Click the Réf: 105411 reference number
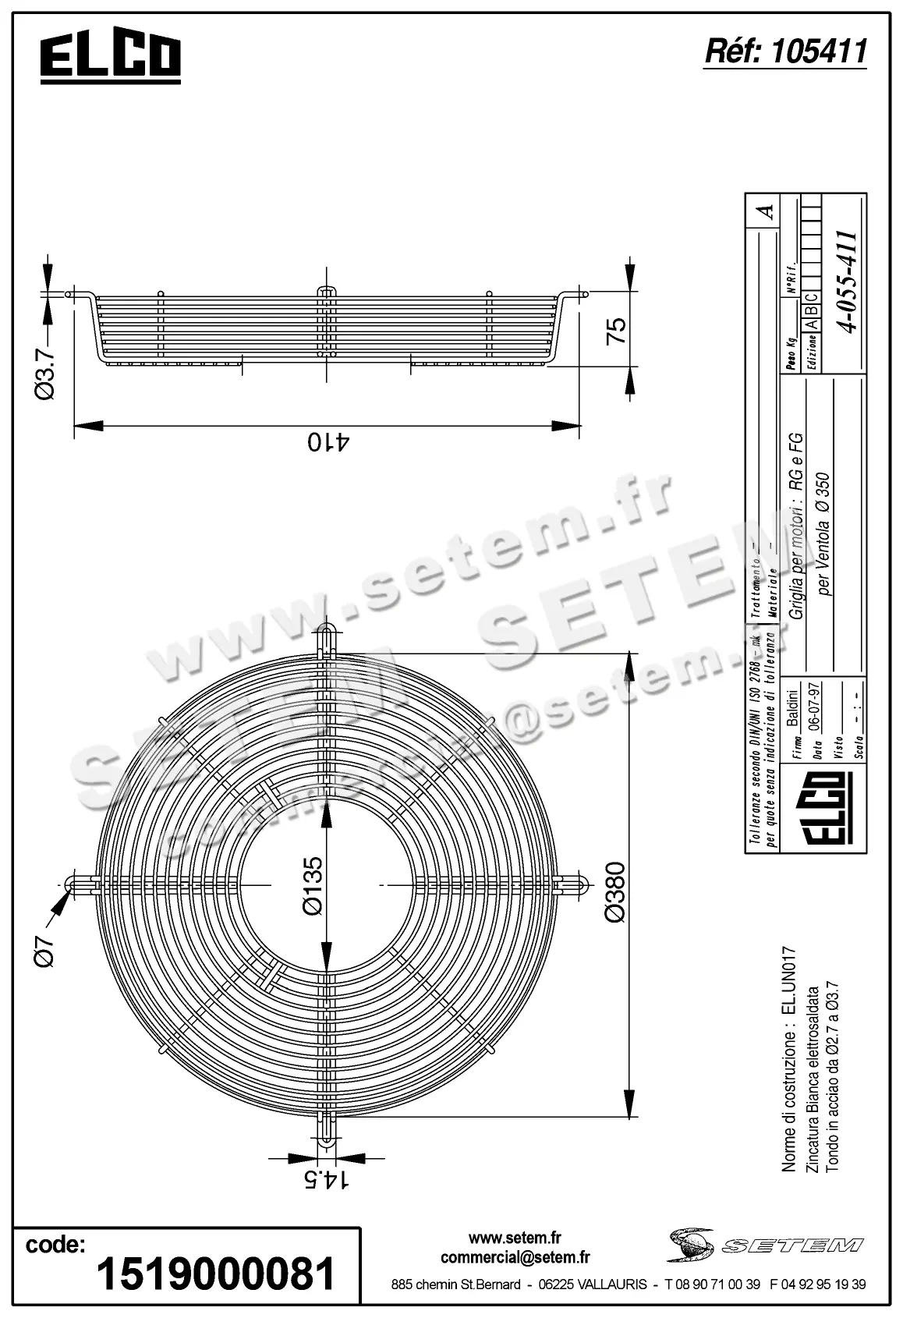tap(785, 51)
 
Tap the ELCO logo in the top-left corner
tap(111, 58)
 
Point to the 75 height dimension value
tap(615, 331)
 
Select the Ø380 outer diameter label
tap(615, 892)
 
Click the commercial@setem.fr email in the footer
tap(515, 1256)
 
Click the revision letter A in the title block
tap(767, 211)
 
